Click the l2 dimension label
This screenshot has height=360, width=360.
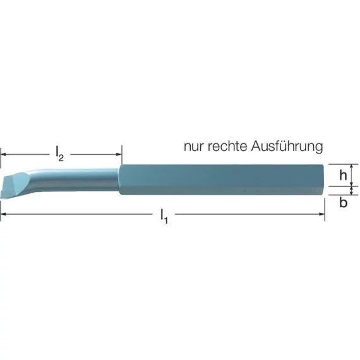(59, 154)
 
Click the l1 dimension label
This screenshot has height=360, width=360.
(164, 216)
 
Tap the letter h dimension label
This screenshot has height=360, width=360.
(343, 176)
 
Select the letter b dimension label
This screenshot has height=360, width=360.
(343, 202)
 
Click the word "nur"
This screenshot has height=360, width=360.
(193, 147)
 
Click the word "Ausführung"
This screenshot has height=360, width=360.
(287, 146)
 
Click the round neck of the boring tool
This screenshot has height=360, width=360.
(76, 180)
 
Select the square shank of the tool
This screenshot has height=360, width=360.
(221, 179)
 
